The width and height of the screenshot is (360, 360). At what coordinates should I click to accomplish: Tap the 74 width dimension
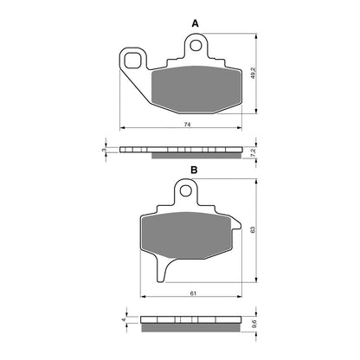pyautogui.click(x=187, y=126)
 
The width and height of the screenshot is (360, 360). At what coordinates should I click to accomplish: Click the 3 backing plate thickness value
pyautogui.click(x=103, y=150)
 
